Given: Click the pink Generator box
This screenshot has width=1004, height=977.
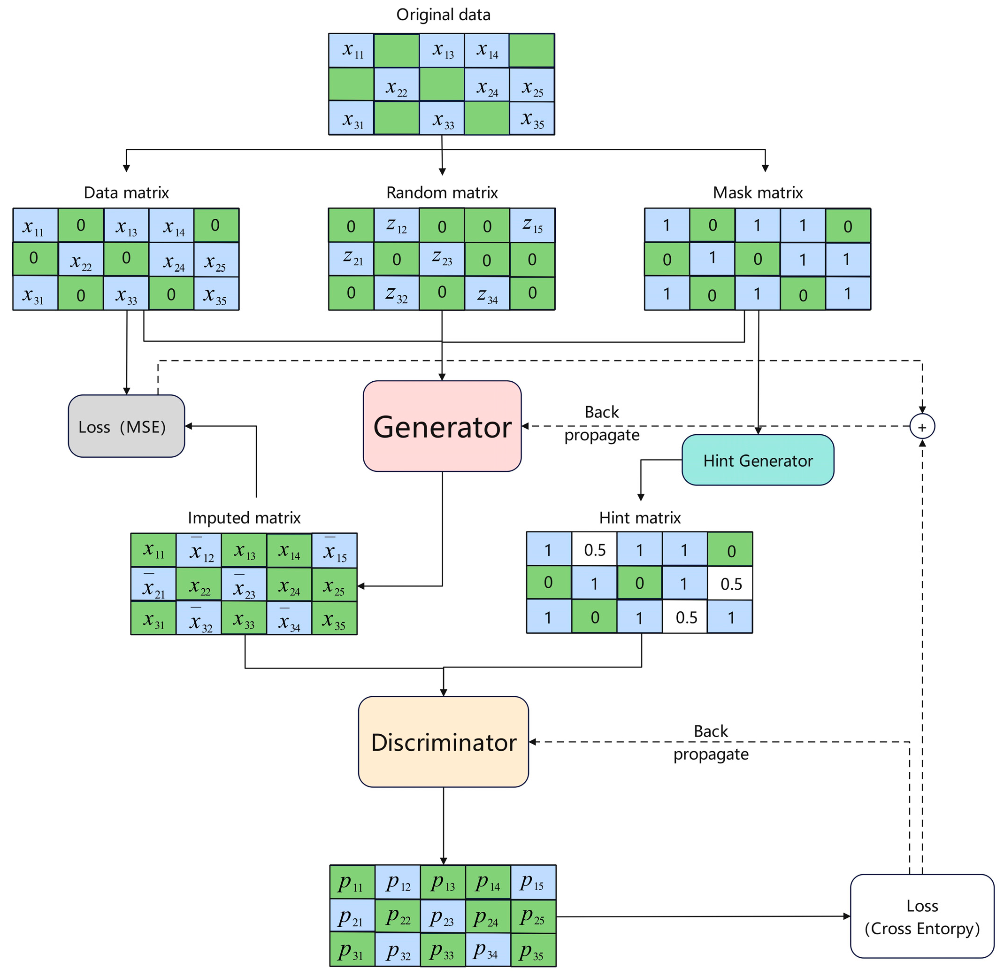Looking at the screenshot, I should click(442, 426).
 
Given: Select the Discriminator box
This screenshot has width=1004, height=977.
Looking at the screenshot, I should click(443, 742).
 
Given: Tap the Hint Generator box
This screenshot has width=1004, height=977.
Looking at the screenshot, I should click(757, 460).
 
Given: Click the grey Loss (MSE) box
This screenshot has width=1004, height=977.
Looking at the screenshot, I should click(126, 426).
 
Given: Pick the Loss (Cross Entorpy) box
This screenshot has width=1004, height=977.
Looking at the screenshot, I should click(921, 916).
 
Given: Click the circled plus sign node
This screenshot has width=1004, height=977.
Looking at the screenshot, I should click(922, 426).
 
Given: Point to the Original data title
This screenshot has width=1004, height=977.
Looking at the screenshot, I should click(443, 15).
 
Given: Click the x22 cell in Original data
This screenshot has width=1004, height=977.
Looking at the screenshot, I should click(396, 85).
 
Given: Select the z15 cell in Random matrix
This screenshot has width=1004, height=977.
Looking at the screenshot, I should click(531, 225).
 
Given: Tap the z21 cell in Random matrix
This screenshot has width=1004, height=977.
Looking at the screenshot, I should click(352, 259).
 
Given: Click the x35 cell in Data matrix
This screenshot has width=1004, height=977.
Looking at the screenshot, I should click(216, 293).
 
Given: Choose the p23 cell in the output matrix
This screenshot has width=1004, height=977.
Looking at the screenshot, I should click(442, 916).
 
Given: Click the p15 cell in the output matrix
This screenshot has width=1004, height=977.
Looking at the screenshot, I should click(533, 882).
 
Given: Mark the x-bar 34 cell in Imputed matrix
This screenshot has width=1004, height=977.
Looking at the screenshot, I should click(289, 618).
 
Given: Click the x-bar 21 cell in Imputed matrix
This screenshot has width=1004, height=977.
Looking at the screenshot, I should click(153, 584).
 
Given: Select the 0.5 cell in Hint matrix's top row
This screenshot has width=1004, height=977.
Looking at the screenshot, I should click(594, 550).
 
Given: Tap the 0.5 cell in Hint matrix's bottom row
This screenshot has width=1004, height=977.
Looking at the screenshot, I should click(685, 617).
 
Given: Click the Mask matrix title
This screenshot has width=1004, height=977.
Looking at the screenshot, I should click(757, 192).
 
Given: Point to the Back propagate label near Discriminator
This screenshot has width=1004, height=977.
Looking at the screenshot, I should click(710, 742).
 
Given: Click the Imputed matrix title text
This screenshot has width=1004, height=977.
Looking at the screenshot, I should click(244, 518).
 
